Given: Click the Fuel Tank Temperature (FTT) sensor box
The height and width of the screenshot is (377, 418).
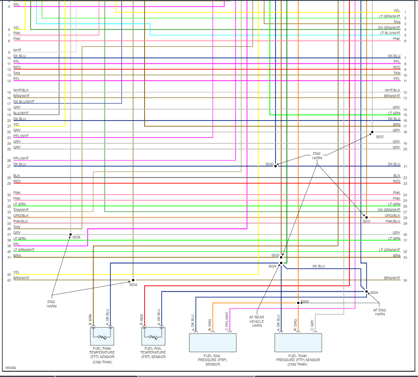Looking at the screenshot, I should click(x=102, y=336).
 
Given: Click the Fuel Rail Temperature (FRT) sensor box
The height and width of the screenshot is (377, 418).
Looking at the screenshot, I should click(x=153, y=336).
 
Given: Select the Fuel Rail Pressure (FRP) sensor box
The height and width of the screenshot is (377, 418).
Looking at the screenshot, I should click(x=213, y=343).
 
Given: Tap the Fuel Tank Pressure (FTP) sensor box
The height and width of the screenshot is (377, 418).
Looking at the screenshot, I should click(x=298, y=343).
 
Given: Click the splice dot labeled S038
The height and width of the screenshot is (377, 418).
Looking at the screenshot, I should click(x=70, y=234).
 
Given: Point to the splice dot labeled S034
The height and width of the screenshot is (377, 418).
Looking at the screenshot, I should click(x=133, y=280).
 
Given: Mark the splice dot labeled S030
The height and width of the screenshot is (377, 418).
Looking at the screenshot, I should click(x=276, y=166).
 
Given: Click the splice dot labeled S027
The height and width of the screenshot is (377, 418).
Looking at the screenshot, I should click(x=372, y=132).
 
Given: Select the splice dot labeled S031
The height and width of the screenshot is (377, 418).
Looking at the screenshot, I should click(x=366, y=217).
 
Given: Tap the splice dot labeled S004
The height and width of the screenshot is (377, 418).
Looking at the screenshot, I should click(x=366, y=291).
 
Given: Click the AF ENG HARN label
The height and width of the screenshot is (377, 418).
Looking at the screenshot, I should click(x=380, y=311).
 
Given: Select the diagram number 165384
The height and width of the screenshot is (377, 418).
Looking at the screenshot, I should click(x=11, y=367).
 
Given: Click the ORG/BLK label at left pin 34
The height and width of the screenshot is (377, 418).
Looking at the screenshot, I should click(x=21, y=216).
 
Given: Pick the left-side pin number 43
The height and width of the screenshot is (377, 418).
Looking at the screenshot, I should click(x=9, y=280).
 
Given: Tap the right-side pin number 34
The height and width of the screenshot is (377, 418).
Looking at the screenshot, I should click(x=405, y=280).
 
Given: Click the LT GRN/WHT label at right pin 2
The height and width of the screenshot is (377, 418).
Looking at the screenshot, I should click(x=390, y=16).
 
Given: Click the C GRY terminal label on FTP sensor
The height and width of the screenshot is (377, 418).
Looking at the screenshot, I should click(x=312, y=325).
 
